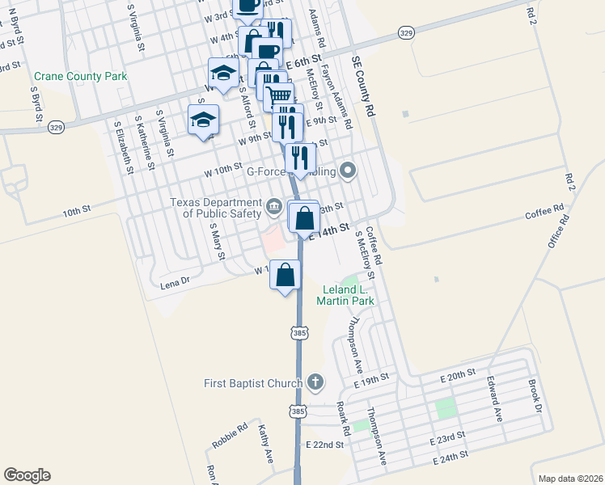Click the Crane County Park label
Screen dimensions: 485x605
(81, 77)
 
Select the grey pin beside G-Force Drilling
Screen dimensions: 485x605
(349, 171)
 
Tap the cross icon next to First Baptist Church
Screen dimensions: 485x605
(315, 382)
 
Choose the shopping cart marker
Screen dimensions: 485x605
(280, 96)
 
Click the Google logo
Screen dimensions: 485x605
(27, 475)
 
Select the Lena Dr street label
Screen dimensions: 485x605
(174, 281)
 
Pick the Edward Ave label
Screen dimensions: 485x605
(493, 394)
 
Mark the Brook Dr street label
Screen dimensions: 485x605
(535, 396)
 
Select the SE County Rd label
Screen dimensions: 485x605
(365, 87)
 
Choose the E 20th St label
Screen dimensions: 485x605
(458, 376)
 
